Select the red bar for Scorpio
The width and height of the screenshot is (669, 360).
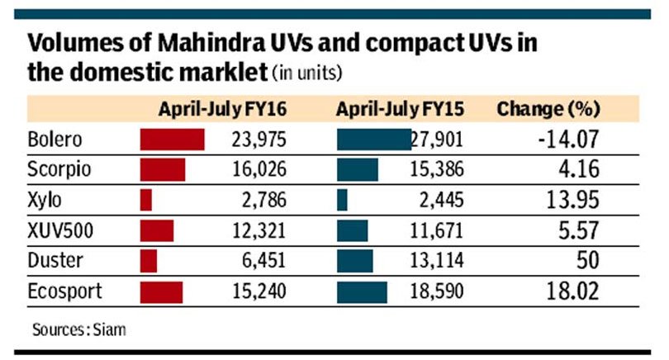click(x=163, y=170)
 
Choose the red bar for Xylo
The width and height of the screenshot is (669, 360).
click(x=146, y=201)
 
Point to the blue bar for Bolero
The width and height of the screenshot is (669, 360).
click(x=373, y=140)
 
